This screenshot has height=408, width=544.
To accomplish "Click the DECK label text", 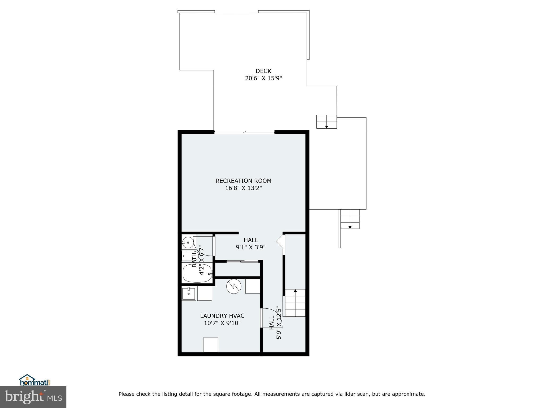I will (x=263, y=71).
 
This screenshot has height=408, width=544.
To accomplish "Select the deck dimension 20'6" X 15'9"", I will (x=263, y=78).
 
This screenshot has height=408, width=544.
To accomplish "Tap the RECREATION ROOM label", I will (x=243, y=181).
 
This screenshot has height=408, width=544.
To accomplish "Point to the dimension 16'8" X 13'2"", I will (x=243, y=188).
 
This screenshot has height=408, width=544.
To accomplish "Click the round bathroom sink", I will (x=188, y=242).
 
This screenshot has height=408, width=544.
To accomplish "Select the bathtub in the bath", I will (x=197, y=273).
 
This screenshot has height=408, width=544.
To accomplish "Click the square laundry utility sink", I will (x=189, y=294).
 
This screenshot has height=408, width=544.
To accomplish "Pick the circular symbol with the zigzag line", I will (x=233, y=287).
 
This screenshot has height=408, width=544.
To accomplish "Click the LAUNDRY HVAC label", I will (x=222, y=316).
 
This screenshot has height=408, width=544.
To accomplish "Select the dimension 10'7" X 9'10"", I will (x=222, y=323).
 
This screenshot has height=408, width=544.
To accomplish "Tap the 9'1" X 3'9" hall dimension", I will (x=250, y=247).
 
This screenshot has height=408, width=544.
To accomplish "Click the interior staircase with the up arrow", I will (x=295, y=303).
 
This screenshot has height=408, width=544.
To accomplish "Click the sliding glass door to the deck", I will (x=244, y=131).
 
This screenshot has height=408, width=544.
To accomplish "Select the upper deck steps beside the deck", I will (x=326, y=122).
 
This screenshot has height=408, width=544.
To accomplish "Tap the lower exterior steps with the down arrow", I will (x=350, y=219).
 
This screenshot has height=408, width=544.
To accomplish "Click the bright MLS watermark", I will (x=33, y=397).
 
